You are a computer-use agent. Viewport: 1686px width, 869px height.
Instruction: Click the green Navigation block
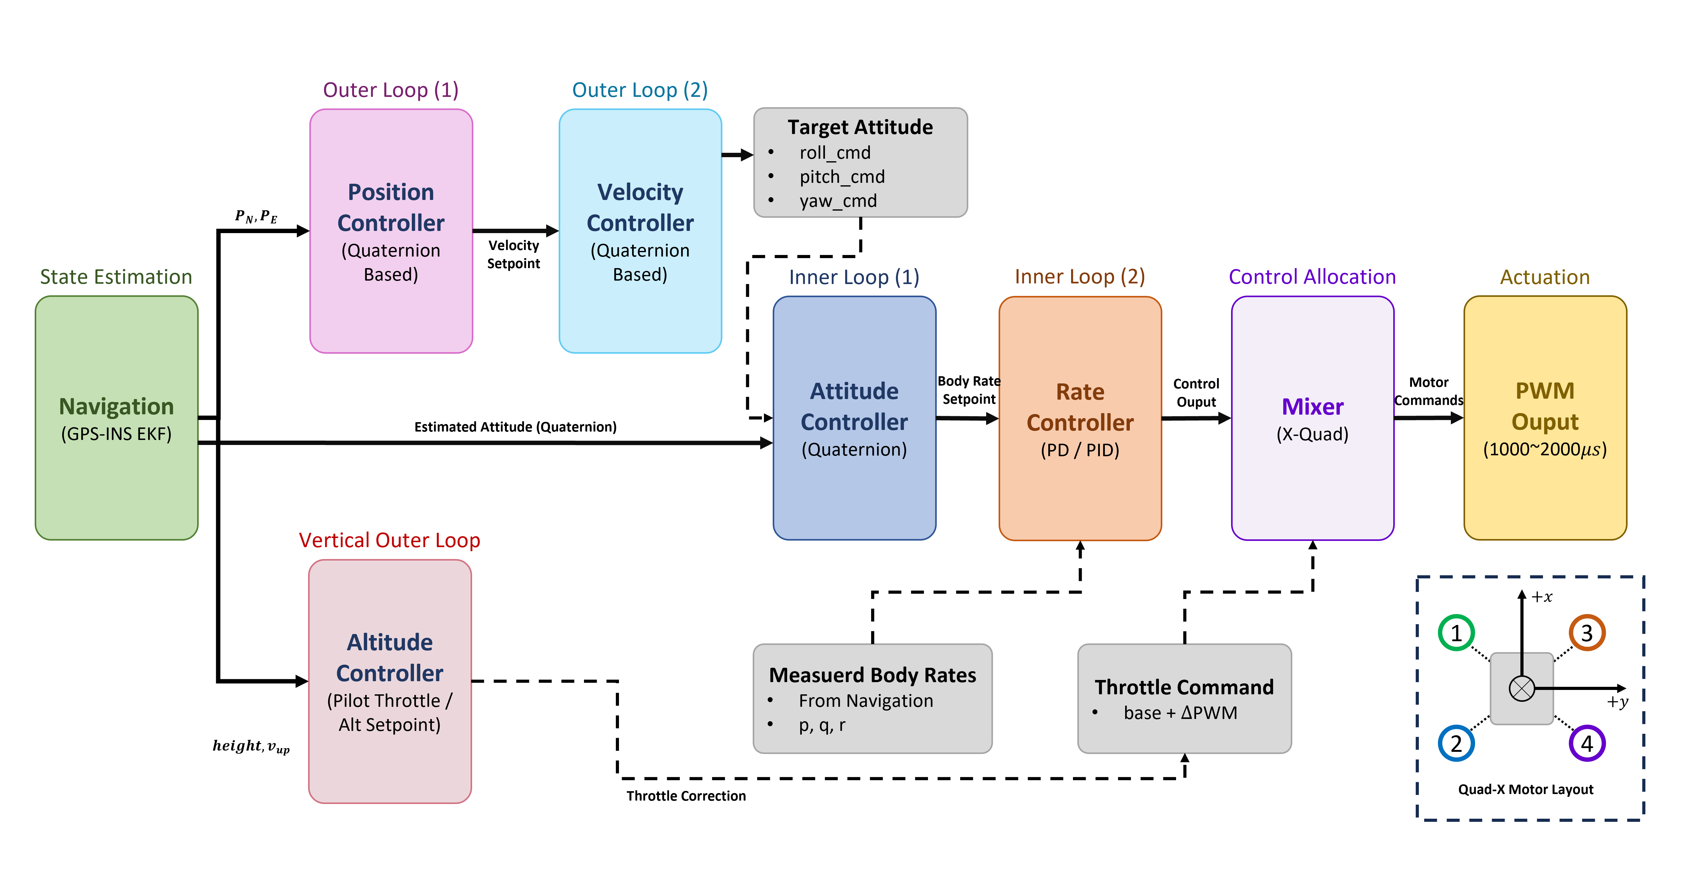[x=117, y=417]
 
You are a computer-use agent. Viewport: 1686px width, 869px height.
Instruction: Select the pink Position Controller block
[x=391, y=231]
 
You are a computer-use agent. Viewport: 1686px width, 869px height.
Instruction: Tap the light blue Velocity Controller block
[x=640, y=231]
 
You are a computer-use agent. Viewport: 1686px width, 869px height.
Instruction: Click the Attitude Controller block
[x=854, y=417]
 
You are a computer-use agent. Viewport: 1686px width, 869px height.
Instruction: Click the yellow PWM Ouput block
[x=1545, y=417]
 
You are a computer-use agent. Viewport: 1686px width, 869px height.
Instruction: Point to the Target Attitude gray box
[x=860, y=162]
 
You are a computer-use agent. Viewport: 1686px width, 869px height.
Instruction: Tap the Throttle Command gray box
[x=1184, y=698]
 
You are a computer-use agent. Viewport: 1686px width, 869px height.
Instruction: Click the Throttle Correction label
[x=686, y=796]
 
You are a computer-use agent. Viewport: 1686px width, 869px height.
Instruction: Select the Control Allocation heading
[x=1312, y=277]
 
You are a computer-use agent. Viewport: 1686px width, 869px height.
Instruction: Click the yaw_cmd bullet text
[x=838, y=201]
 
